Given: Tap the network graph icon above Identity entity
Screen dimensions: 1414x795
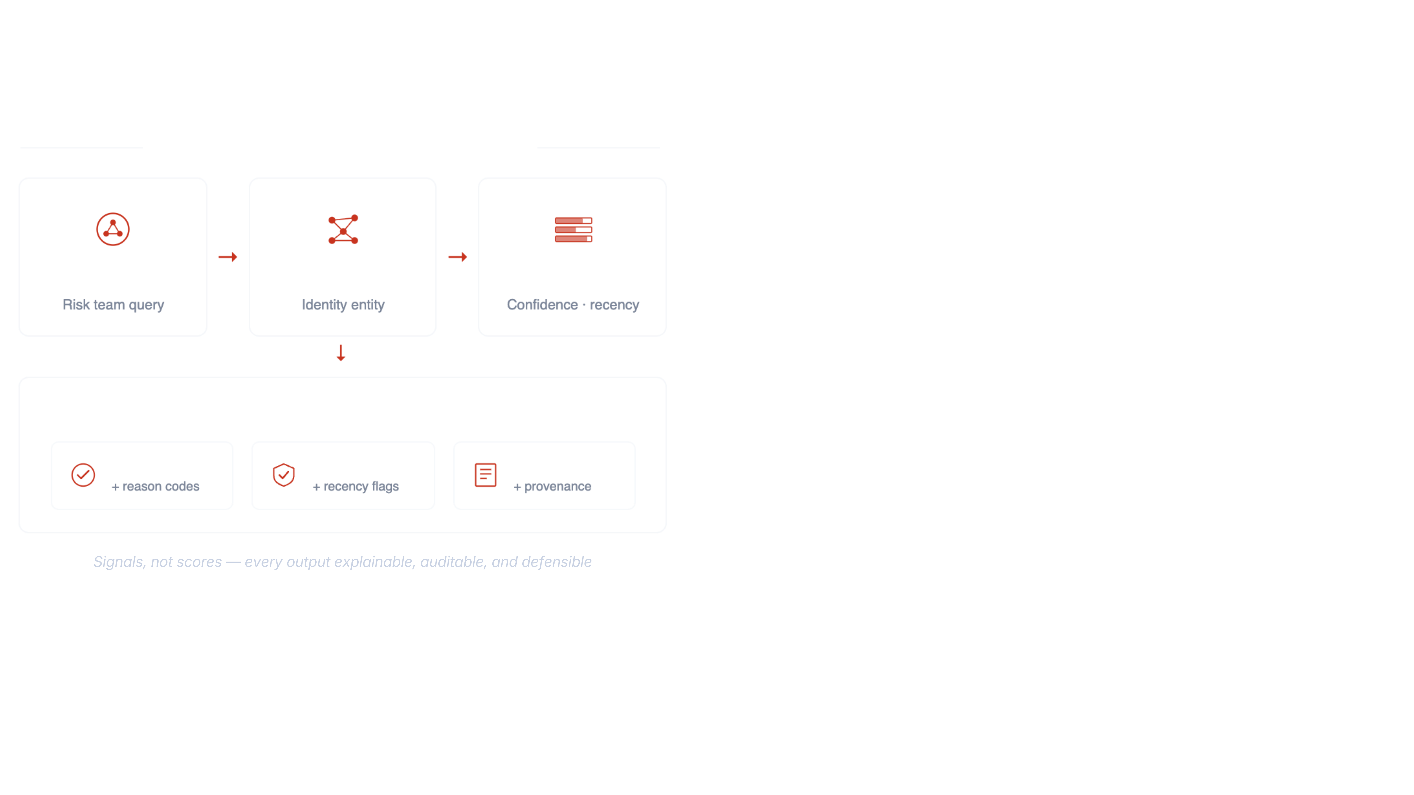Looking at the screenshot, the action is (x=343, y=229).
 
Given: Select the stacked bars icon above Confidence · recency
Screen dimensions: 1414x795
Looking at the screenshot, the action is (x=573, y=229).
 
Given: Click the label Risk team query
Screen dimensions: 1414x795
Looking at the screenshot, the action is (x=113, y=304).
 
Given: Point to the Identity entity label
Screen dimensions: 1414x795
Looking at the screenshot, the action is (x=343, y=304).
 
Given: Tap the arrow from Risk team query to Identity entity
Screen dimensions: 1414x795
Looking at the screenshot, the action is (x=228, y=257).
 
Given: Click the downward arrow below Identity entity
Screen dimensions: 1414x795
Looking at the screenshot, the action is (x=341, y=353).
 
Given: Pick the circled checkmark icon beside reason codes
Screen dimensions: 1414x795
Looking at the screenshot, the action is (x=83, y=475).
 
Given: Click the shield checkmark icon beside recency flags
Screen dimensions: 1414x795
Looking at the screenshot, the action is (x=284, y=475).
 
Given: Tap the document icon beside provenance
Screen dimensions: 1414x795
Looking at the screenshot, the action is (x=485, y=475).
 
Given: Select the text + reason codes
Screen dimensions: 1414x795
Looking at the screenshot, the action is (x=155, y=486).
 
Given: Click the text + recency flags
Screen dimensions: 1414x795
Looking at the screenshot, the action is (x=356, y=486).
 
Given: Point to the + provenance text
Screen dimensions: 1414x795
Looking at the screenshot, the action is (x=552, y=486).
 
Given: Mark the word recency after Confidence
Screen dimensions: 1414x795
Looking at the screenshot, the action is (x=614, y=304).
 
